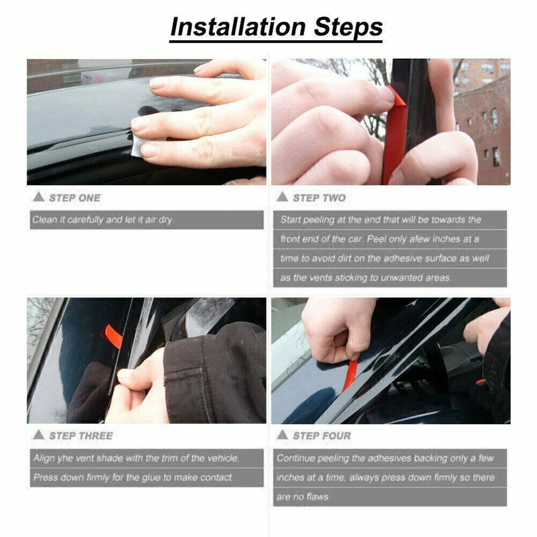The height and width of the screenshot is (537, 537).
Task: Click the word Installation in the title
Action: coord(238,27)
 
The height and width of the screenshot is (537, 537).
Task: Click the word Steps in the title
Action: coord(348,27)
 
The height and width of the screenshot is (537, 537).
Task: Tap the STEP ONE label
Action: coord(75,198)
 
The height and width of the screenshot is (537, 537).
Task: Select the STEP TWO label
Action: coord(319,198)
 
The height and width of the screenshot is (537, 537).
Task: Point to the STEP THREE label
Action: coord(81,436)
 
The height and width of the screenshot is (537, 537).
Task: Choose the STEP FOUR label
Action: coord(322,436)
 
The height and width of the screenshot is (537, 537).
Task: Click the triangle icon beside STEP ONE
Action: coord(39,197)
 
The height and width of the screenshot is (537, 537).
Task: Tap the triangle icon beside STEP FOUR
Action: coord(282,435)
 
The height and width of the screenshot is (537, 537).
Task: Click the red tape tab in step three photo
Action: coord(114,336)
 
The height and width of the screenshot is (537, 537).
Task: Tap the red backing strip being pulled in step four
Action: coord(350,375)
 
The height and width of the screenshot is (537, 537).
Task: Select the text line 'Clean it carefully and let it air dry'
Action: coord(103,220)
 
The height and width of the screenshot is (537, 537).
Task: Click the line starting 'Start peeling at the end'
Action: coord(381,220)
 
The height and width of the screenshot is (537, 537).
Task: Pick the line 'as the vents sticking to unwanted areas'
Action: coord(365,278)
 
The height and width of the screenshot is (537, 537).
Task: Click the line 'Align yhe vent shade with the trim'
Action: coord(136,458)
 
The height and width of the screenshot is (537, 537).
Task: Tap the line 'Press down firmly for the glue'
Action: coord(133,477)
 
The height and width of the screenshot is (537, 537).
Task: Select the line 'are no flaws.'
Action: coord(303,497)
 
